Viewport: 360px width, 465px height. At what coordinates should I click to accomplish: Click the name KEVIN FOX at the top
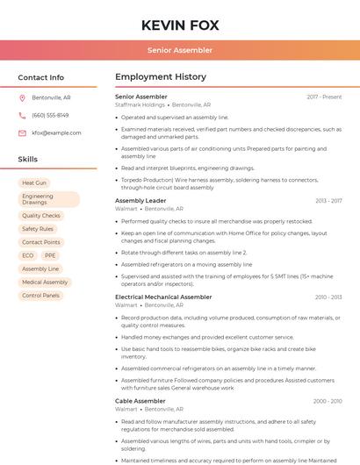tap(179, 25)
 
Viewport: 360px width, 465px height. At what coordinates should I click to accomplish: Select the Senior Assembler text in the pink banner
tap(179, 50)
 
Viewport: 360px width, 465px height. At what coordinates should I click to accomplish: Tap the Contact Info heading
tap(41, 77)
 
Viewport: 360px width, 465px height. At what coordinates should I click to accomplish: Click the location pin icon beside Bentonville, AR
tap(22, 97)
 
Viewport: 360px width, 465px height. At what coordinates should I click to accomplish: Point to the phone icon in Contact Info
tap(22, 115)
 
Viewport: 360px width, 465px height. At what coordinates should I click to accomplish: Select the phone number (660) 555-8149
tap(50, 115)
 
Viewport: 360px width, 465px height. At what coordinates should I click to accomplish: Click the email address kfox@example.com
tap(56, 132)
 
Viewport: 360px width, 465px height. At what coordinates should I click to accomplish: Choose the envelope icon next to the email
tap(22, 132)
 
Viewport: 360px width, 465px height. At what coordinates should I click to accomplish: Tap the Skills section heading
tap(28, 160)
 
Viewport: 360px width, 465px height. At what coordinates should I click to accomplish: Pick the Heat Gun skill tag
tap(34, 183)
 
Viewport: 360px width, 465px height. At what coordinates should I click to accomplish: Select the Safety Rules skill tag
tap(37, 229)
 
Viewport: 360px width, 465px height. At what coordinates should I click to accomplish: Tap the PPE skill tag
tap(50, 255)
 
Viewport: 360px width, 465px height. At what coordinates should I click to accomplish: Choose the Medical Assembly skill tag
tap(45, 283)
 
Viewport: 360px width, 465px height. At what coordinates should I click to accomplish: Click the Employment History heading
tap(160, 77)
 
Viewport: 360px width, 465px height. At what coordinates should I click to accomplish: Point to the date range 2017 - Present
tap(324, 97)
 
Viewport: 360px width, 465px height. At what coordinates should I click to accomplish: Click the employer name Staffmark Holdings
tap(140, 104)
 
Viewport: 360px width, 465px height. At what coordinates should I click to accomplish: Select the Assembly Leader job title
tap(140, 201)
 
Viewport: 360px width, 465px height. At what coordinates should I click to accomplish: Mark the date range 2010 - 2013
tap(328, 297)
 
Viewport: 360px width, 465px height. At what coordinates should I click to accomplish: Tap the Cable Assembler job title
tap(140, 401)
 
